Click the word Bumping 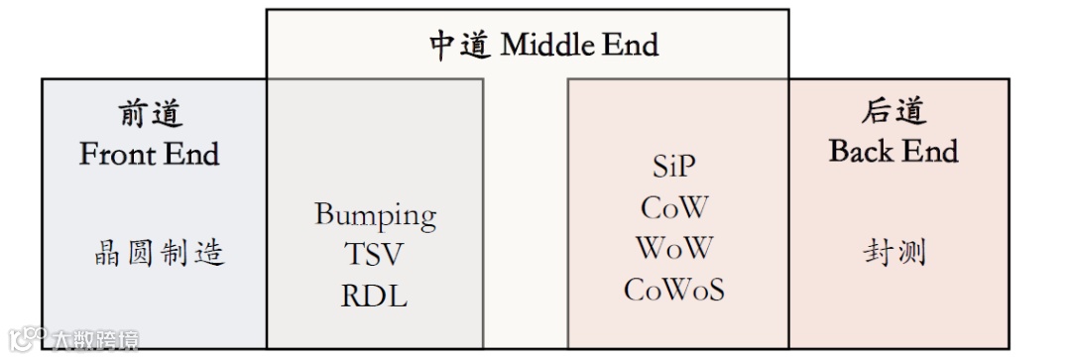tap(375, 215)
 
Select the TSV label tap(374, 255)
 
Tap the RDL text tap(374, 296)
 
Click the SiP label tap(674, 166)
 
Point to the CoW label tap(674, 207)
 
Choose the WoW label tap(674, 248)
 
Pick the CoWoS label tap(674, 289)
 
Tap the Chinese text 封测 tap(893, 253)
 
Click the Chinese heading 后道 tap(893, 111)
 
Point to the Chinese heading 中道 tap(459, 45)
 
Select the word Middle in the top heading tap(548, 45)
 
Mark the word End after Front tap(192, 154)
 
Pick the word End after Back tap(931, 151)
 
